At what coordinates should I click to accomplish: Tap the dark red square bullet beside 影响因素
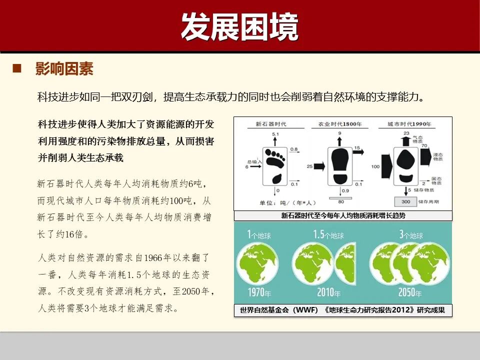(17, 68)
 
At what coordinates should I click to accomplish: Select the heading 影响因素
(64, 69)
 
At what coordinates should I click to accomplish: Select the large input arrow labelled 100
(386, 165)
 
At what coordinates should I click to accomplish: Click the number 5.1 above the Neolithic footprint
(275, 135)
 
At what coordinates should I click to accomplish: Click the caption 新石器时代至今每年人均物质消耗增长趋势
(343, 216)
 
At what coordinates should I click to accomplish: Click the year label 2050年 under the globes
(411, 292)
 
